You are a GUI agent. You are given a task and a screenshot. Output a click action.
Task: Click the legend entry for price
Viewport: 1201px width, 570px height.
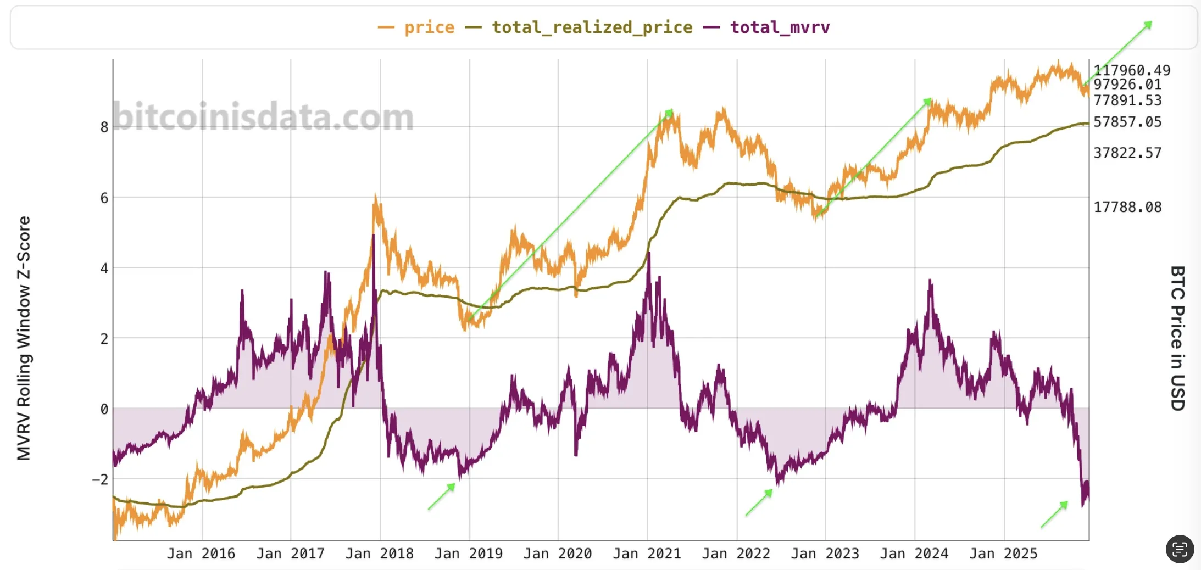coord(429,27)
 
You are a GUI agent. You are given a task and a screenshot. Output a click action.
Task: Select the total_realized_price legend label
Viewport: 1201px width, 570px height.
coord(591,27)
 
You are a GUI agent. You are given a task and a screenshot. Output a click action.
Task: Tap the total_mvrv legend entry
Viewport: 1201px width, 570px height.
coord(779,27)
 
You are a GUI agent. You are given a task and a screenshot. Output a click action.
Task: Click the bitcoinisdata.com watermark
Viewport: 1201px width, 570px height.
coord(263,116)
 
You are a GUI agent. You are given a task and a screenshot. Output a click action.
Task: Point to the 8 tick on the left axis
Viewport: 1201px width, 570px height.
coord(104,127)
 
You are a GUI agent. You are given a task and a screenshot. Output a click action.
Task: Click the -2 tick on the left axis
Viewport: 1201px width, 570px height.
coord(101,479)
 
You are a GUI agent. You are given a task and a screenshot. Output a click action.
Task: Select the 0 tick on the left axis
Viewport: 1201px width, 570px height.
coord(104,409)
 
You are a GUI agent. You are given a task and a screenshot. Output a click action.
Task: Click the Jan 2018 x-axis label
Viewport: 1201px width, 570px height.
coord(379,554)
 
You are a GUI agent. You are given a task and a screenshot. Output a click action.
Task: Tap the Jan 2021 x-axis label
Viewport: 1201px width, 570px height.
coord(647,554)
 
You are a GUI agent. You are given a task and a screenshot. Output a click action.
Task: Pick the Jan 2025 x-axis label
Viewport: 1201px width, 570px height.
coord(1003,554)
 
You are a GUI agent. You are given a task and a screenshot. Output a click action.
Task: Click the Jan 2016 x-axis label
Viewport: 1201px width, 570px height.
coord(201,554)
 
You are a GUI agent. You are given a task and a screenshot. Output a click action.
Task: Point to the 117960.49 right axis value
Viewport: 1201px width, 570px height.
coord(1131,70)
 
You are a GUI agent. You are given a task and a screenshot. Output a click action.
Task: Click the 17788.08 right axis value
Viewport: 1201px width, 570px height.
coord(1127,207)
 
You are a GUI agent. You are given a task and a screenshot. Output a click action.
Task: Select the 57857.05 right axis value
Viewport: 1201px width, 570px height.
coord(1127,122)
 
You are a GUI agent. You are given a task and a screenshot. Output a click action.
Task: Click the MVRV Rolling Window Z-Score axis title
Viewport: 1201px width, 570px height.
coord(24,338)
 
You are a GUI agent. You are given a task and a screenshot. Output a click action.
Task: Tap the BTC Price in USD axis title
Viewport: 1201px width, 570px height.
coord(1177,338)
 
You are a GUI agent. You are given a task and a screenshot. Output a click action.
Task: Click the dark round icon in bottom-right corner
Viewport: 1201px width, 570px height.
coord(1180,549)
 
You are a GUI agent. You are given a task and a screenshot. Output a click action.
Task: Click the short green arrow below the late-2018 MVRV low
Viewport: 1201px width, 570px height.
coord(442,496)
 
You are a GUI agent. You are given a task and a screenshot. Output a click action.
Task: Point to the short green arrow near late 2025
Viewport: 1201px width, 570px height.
coord(1054,515)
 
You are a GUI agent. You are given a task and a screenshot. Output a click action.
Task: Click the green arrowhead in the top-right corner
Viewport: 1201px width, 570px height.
coord(1148,25)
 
